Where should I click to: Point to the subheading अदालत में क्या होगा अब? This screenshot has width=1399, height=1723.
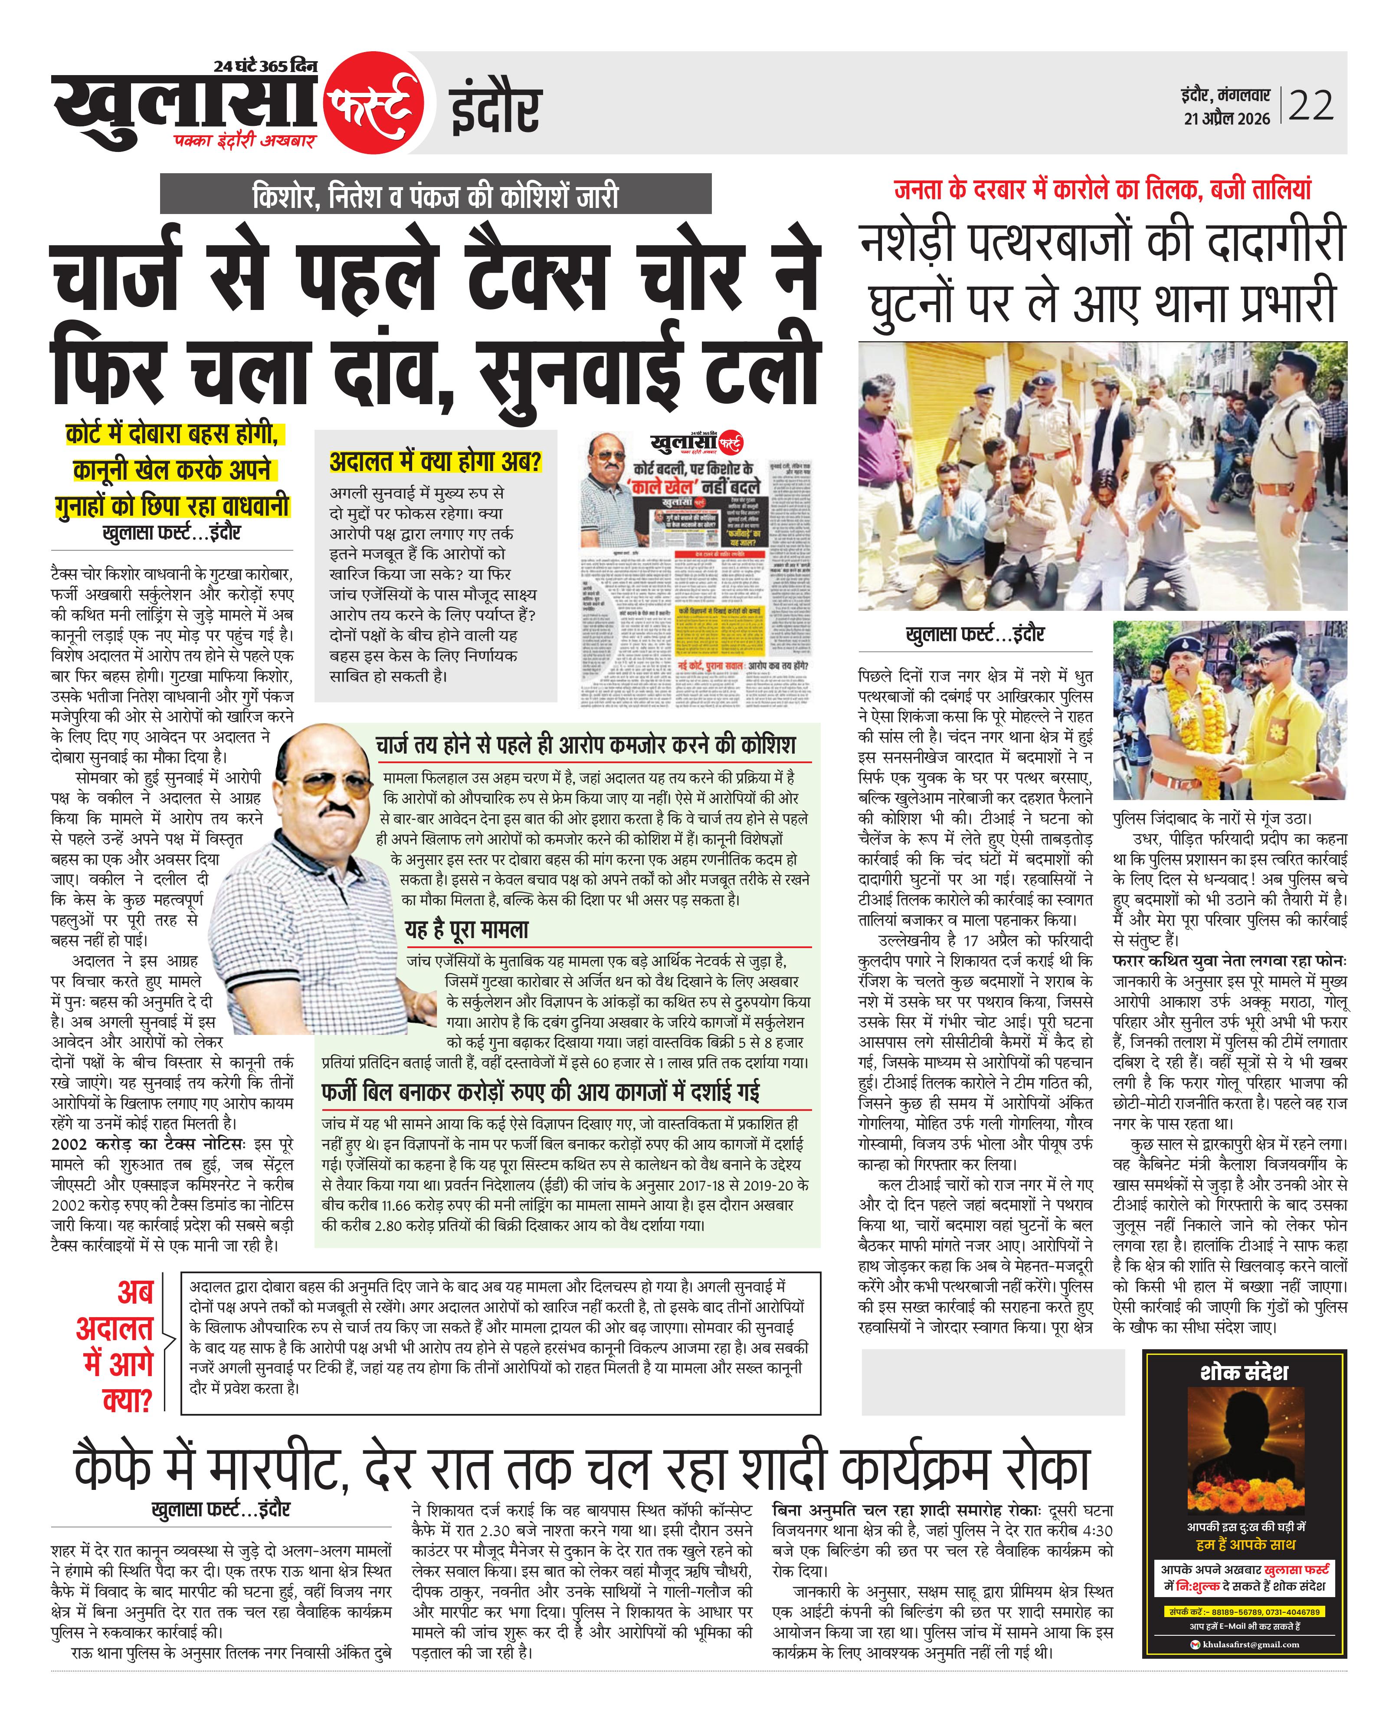coord(435,462)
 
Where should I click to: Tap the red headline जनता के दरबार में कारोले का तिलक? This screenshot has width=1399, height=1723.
coord(1102,189)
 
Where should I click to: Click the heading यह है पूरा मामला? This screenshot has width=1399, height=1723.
coord(467,929)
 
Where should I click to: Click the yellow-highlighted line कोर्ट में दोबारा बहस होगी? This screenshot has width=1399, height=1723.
coord(172,435)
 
